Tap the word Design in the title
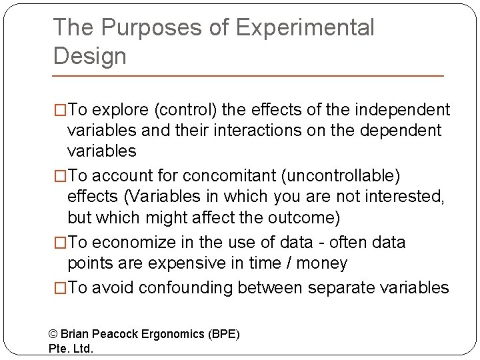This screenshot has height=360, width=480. point(89,56)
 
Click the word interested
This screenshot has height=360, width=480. point(407,197)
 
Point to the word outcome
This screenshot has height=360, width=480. point(305,218)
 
